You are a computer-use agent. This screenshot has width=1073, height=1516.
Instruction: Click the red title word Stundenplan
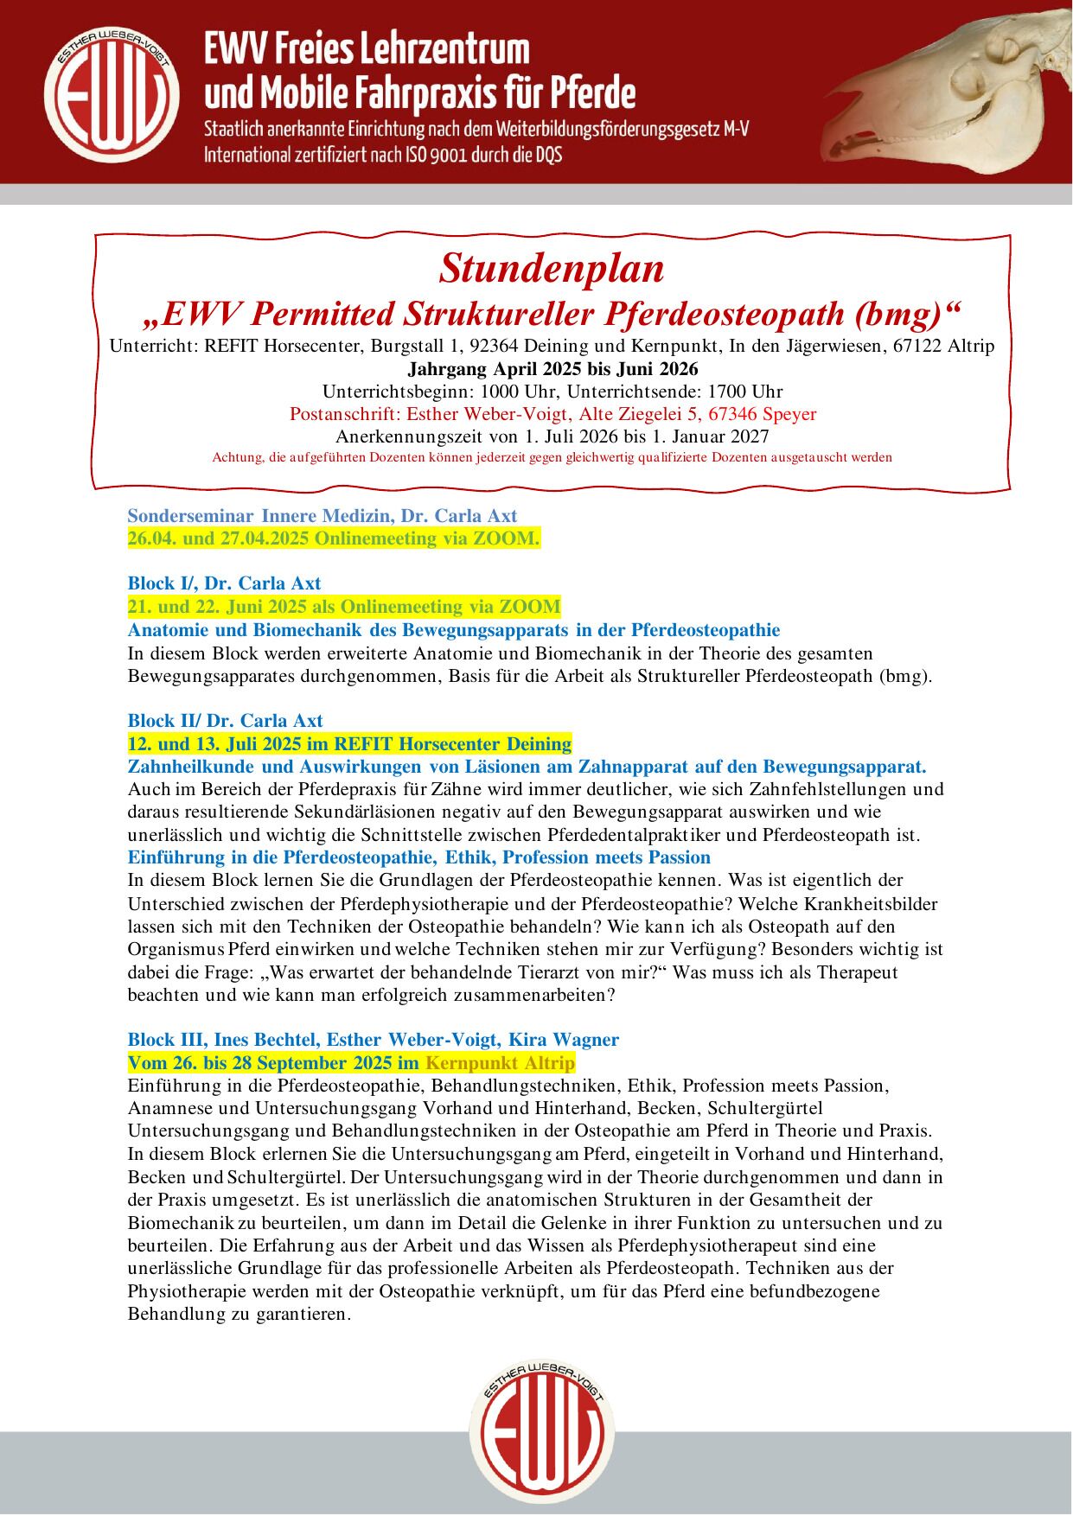point(552,268)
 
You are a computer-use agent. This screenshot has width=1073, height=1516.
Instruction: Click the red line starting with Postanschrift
point(552,414)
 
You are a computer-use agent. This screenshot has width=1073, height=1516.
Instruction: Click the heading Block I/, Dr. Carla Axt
point(224,583)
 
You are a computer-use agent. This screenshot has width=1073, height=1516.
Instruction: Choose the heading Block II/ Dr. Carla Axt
point(225,721)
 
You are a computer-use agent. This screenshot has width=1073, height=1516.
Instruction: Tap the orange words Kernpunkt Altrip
point(500,1062)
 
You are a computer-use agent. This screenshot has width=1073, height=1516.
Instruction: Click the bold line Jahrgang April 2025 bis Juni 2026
point(552,369)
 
